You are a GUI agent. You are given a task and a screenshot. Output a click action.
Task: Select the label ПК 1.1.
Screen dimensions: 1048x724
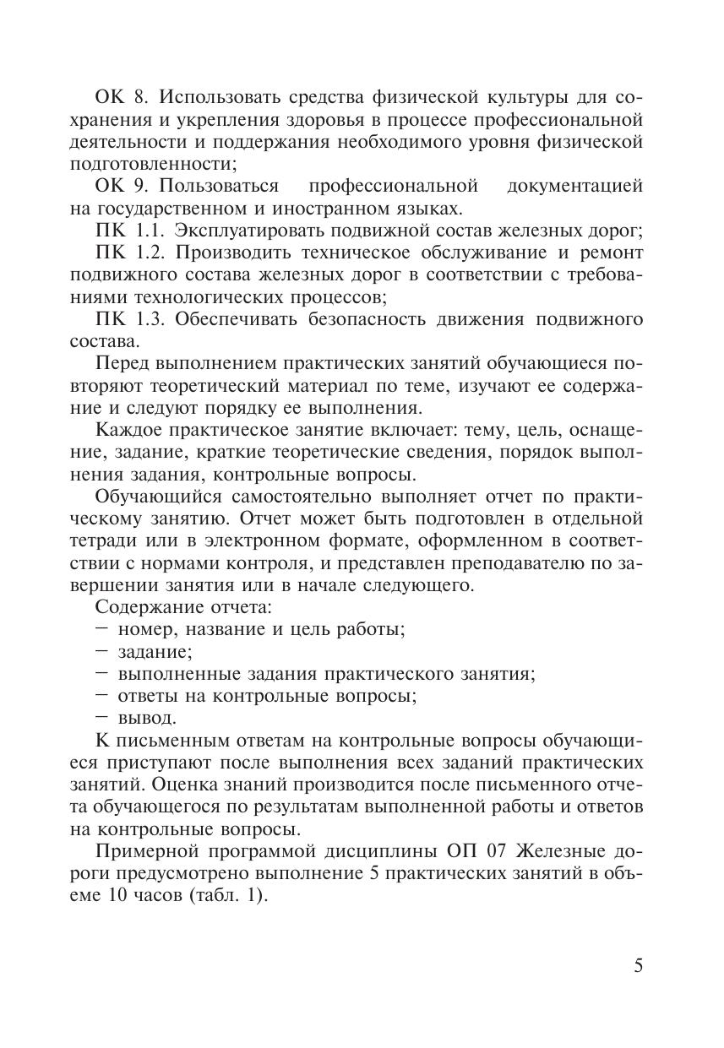122,231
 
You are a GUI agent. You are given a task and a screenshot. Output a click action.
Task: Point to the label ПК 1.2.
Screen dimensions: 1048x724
122,252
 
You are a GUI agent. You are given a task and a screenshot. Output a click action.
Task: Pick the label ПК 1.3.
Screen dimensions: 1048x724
122,319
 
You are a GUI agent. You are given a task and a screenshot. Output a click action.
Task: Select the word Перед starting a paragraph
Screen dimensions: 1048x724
122,364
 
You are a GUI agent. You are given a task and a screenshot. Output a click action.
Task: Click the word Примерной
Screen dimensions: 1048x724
140,851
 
